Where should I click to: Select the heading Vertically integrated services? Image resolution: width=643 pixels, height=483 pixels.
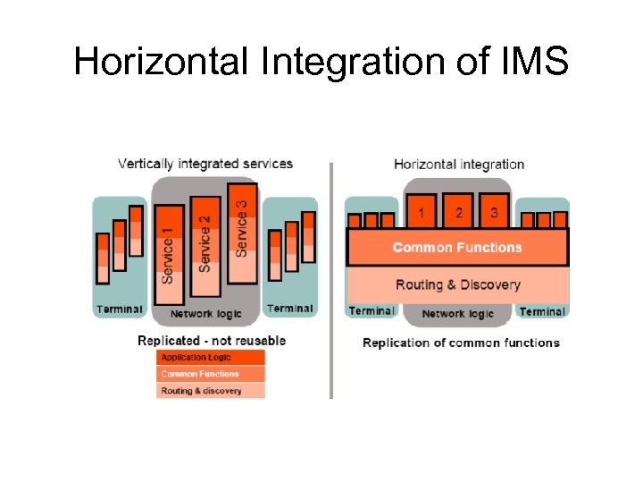tap(205, 164)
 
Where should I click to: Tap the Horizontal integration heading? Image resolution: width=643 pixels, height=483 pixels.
tap(459, 164)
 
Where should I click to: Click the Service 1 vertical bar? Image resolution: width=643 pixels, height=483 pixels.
tap(169, 254)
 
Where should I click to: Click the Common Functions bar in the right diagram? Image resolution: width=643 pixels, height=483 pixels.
tap(456, 248)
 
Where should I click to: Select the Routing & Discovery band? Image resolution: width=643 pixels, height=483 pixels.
tap(456, 284)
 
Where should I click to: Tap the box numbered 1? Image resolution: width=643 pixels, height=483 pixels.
tap(422, 212)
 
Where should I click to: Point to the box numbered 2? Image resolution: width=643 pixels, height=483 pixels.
tap(458, 212)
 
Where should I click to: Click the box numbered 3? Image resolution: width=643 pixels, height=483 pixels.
tap(494, 212)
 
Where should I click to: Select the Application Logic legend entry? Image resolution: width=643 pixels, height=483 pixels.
tap(211, 358)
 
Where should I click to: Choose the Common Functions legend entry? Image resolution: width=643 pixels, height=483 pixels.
tap(211, 374)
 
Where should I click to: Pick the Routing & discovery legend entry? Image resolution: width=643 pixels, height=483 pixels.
tap(211, 391)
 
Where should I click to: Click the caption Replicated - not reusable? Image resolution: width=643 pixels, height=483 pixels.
tap(212, 341)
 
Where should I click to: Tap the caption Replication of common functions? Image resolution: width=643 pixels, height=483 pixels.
tap(461, 343)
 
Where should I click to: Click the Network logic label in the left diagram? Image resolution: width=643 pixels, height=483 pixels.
tap(205, 314)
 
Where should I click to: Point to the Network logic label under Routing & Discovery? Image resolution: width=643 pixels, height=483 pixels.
tap(457, 314)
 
